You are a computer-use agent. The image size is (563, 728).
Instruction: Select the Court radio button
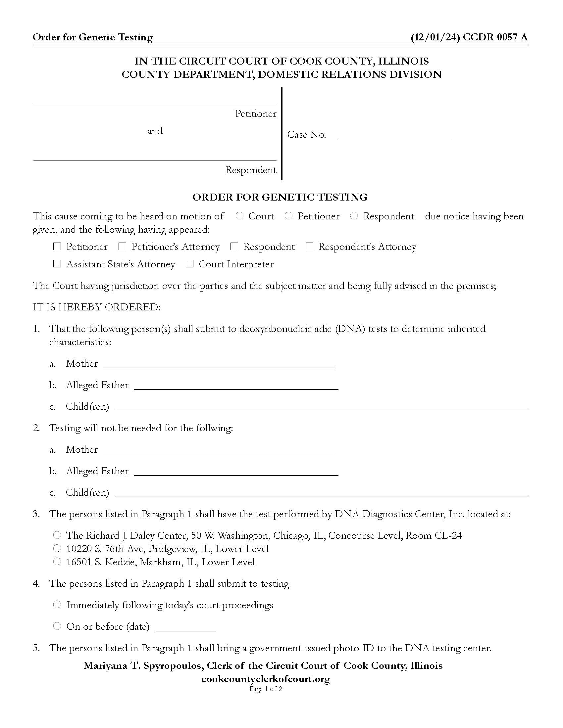[239, 216]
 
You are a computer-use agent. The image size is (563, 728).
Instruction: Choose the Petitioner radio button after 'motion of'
[288, 216]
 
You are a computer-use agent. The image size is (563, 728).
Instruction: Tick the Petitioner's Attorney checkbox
[123, 246]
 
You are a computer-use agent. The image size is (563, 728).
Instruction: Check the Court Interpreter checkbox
[189, 264]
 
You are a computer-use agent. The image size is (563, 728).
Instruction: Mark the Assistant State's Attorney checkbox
[57, 264]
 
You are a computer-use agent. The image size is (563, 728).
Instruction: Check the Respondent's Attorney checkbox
[310, 246]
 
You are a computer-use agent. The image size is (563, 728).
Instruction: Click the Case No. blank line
[394, 134]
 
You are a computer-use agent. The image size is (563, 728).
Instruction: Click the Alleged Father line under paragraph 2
[236, 471]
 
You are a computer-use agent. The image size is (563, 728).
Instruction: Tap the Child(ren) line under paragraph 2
[322, 493]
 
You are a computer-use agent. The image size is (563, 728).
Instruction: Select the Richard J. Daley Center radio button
[57, 535]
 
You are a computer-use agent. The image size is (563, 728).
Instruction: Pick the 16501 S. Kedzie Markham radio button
[57, 562]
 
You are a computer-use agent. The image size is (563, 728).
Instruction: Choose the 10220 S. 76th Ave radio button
[57, 548]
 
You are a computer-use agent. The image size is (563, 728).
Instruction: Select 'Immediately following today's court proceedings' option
[57, 604]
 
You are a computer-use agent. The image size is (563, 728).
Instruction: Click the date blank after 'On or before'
[186, 627]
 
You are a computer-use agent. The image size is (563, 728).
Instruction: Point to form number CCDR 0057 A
[495, 37]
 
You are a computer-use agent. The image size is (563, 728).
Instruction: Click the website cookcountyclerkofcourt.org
[266, 679]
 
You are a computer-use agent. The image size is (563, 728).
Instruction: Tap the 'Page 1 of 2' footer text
[266, 689]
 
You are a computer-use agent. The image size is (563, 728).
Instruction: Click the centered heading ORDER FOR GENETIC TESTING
[280, 197]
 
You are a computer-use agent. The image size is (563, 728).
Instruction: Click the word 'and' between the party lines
[155, 131]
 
